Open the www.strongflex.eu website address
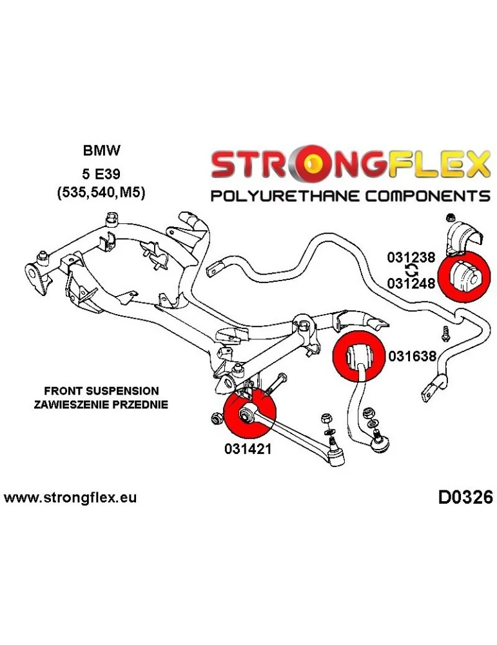click(x=70, y=498)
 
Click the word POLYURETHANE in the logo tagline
click(x=288, y=196)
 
